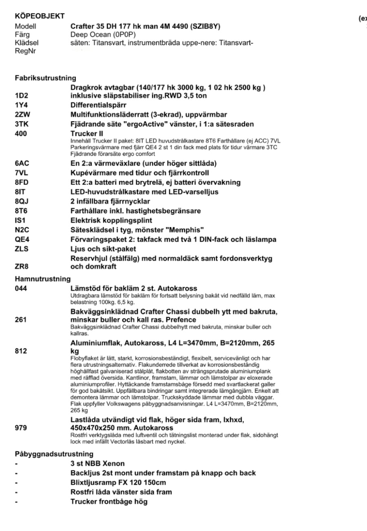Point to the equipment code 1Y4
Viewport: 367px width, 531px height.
tap(21, 104)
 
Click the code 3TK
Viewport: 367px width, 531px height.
tap(21, 124)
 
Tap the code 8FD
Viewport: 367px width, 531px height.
tap(21, 182)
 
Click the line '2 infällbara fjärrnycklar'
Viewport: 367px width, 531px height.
tap(110, 201)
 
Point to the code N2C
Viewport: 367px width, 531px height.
tap(21, 230)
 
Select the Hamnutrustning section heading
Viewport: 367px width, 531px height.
tap(42, 279)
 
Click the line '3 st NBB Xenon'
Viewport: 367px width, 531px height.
tap(97, 464)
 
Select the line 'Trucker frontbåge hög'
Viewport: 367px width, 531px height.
tap(109, 501)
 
